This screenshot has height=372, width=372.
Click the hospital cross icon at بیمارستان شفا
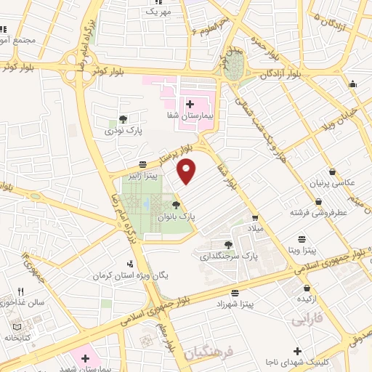point(190,104)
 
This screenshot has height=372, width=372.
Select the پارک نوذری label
point(120,132)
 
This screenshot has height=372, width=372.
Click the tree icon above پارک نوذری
point(122,120)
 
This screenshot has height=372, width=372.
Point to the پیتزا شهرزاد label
point(234,304)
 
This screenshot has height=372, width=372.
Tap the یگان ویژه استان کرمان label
point(125,275)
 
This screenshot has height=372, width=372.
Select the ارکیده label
point(304,299)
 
